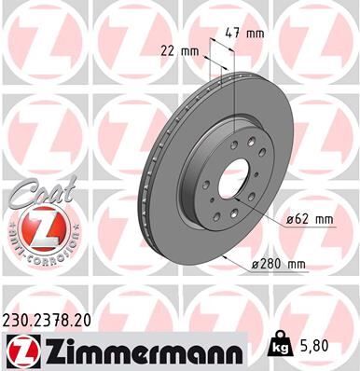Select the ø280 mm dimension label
[x=281, y=265]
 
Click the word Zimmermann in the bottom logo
[x=139, y=350]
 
